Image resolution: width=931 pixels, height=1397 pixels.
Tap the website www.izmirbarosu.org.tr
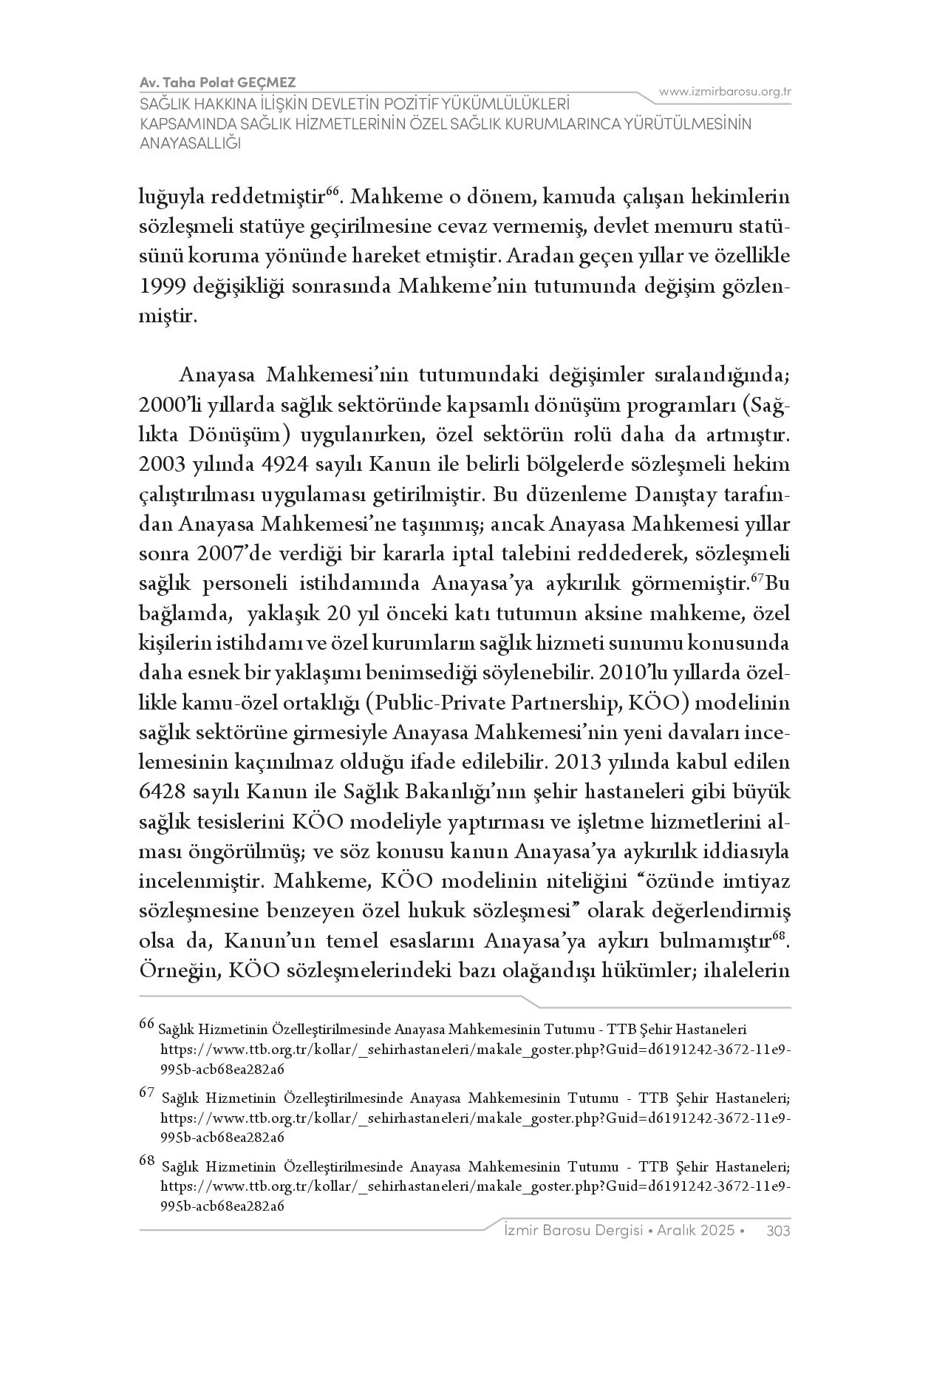tap(726, 92)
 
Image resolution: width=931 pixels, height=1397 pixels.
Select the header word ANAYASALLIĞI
tap(191, 143)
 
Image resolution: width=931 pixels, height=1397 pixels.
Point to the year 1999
tap(163, 287)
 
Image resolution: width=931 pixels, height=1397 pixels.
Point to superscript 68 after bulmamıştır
tap(778, 937)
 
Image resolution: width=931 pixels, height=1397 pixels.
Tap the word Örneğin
tap(180, 971)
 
